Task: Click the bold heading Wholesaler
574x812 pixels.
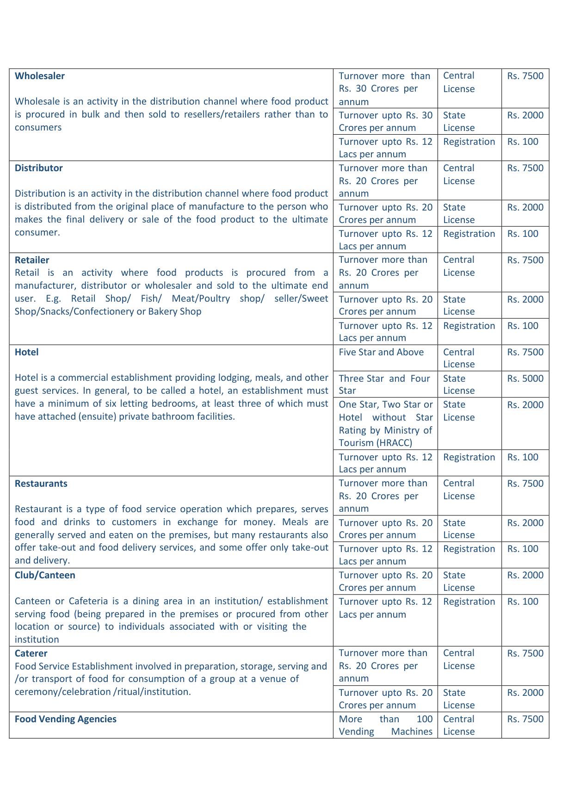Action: (x=40, y=76)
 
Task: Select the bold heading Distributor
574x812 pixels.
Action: (x=39, y=168)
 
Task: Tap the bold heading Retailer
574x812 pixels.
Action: (x=32, y=260)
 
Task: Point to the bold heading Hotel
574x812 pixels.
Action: (x=27, y=352)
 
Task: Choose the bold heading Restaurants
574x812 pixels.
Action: (x=41, y=483)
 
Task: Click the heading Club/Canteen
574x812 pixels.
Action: (x=45, y=575)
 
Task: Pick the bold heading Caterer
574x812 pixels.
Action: (x=31, y=653)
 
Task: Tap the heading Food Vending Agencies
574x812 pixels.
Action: (x=66, y=719)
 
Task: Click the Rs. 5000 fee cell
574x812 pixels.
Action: (x=525, y=378)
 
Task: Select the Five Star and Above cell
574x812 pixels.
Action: (x=381, y=352)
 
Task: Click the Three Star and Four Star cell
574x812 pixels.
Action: (x=384, y=384)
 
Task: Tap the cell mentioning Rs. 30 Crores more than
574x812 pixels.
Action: (x=384, y=88)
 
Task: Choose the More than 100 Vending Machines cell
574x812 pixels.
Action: (x=385, y=725)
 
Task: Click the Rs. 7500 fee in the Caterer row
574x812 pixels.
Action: (x=525, y=653)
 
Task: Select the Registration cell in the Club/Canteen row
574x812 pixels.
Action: (x=469, y=601)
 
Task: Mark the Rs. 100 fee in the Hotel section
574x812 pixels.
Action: (x=523, y=457)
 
